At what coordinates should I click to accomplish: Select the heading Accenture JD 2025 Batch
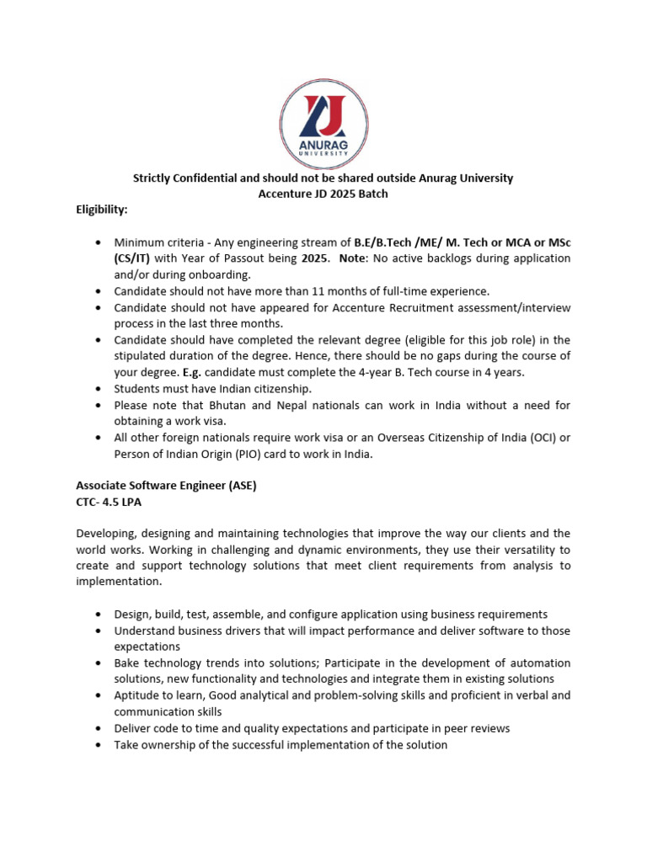point(323,194)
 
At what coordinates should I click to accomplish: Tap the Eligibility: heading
point(102,209)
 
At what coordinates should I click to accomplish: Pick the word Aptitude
point(138,695)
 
